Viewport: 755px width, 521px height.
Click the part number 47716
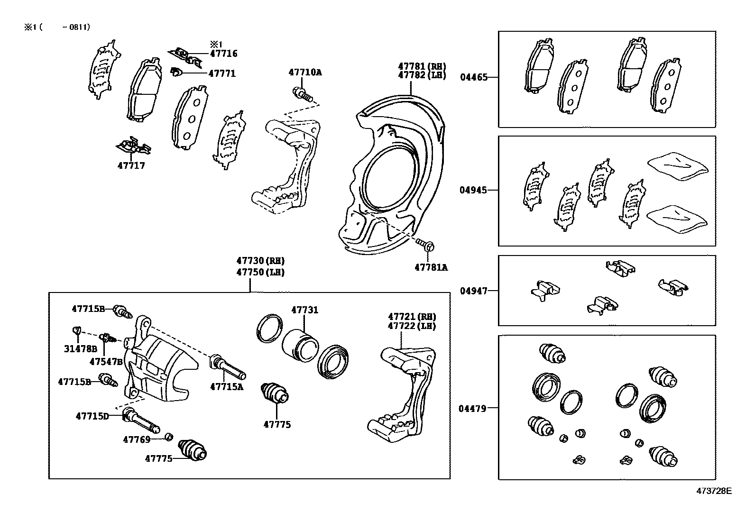click(223, 54)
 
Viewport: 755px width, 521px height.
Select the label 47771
click(222, 73)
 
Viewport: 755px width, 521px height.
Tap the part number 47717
click(131, 165)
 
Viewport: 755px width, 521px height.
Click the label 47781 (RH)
click(422, 66)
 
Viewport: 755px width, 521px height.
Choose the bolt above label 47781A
click(425, 245)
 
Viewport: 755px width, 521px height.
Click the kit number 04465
click(473, 77)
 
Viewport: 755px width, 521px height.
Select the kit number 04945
click(473, 190)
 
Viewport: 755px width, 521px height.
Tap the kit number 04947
click(473, 291)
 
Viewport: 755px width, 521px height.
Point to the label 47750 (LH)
click(261, 272)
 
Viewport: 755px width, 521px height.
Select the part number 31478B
click(81, 349)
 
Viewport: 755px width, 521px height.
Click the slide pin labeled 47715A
click(229, 369)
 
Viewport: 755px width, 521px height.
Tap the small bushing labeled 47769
click(168, 437)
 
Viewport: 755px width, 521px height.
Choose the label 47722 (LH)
click(412, 326)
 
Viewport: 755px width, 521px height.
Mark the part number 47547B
click(107, 361)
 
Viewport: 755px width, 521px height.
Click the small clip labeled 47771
click(176, 72)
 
